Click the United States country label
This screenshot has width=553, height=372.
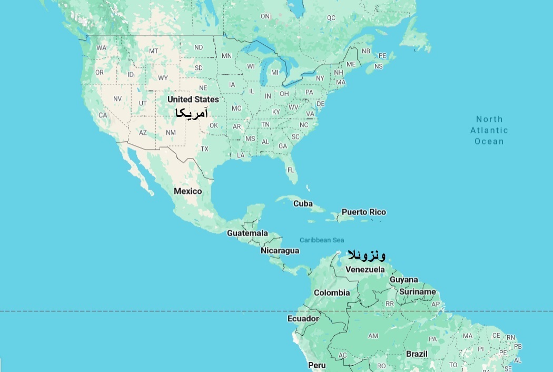[x=193, y=99]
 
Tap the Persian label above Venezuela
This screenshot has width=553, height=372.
[x=366, y=256]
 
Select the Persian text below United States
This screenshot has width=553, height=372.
[x=191, y=113]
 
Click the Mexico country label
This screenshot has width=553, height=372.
[x=188, y=191]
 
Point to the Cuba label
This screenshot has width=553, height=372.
[x=303, y=203]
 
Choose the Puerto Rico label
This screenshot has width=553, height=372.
[x=363, y=212]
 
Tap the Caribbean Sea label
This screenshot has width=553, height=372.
[x=322, y=240]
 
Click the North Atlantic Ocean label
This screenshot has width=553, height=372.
[x=489, y=130]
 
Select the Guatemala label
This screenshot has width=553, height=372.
[x=248, y=233]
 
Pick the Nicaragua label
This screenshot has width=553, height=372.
[x=280, y=250]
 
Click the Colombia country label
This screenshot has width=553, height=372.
[x=332, y=292]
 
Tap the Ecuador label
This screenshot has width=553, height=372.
[x=303, y=319]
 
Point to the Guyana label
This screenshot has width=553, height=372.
[x=404, y=280]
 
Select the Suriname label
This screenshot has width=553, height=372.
[x=418, y=291]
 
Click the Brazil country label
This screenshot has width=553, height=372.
[x=417, y=354]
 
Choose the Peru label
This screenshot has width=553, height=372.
[x=317, y=365]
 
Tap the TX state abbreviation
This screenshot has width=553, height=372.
[x=204, y=149]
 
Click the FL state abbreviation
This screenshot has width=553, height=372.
[x=290, y=170]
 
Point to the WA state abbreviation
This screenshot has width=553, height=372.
[x=102, y=48]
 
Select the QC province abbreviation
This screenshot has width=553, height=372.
[x=331, y=18]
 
